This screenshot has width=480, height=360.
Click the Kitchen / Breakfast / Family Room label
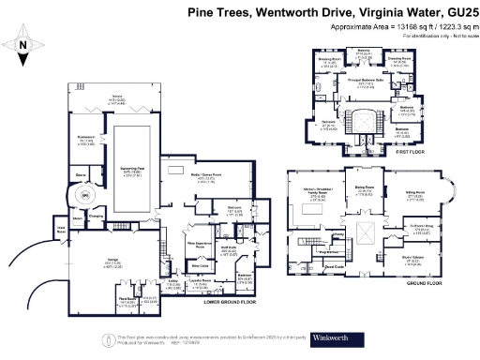click(313, 192)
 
